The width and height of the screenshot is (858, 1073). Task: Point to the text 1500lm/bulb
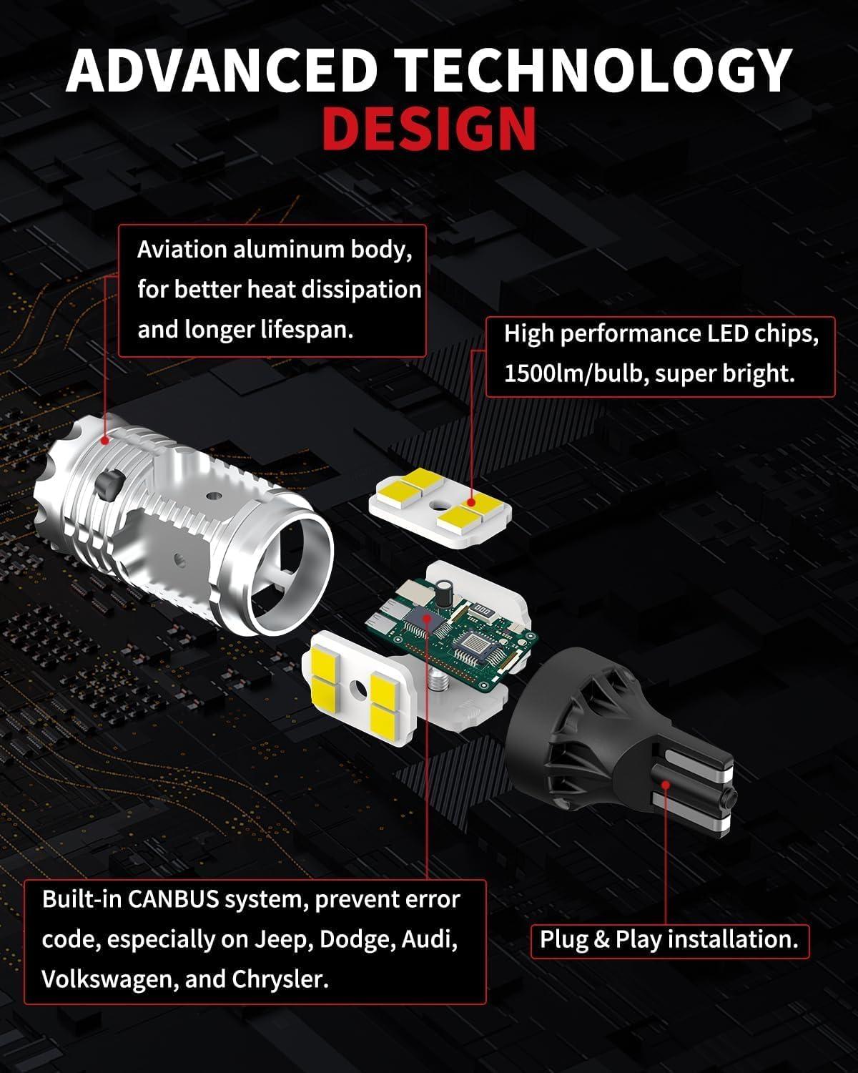click(573, 374)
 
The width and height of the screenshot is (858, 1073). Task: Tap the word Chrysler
click(280, 979)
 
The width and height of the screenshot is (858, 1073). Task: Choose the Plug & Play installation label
click(669, 939)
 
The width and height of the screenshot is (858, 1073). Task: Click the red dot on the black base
click(666, 784)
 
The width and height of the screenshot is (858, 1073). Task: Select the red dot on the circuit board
click(428, 617)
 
